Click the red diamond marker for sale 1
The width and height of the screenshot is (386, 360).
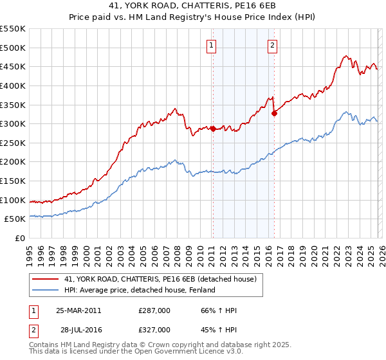click(213, 129)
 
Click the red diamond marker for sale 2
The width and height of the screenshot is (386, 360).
click(274, 113)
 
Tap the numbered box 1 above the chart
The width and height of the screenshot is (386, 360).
click(212, 45)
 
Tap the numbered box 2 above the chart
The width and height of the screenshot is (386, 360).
click(273, 45)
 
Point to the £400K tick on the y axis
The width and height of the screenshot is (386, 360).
click(13, 85)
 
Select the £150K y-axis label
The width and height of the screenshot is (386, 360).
click(13, 181)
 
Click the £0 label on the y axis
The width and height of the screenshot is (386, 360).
click(19, 238)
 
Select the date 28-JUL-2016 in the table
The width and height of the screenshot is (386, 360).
click(78, 329)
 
